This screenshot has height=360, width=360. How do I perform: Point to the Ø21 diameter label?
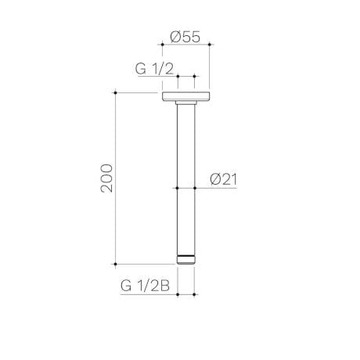223,179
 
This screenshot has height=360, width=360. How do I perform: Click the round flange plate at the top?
185,97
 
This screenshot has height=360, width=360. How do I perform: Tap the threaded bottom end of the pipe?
185,259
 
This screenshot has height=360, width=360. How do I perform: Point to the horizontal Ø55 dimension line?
186,45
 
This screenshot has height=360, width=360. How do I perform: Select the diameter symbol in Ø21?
214,179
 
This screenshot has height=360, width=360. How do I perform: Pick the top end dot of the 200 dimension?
117,93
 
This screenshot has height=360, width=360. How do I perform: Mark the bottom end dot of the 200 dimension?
117,264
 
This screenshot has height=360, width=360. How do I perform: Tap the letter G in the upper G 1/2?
140,68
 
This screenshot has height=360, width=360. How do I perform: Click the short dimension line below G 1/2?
185,77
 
